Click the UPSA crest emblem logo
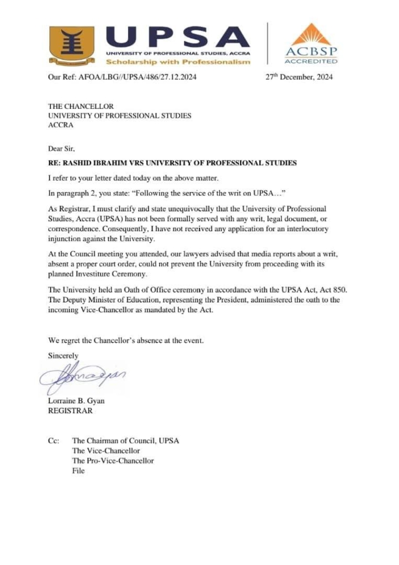71,44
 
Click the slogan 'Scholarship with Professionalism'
178,61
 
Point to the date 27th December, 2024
300,77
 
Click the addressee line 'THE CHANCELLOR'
81,106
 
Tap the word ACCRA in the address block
61,125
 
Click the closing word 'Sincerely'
63,356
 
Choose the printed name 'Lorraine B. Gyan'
76,401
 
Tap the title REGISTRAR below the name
71,411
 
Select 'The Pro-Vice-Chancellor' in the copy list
113,460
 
